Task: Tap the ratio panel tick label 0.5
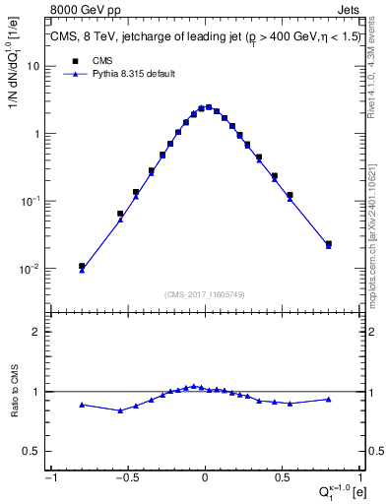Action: point(32,451)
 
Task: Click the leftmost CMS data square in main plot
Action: point(82,266)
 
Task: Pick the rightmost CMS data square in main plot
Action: point(328,243)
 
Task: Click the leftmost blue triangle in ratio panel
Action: point(82,405)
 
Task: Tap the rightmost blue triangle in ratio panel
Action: point(328,399)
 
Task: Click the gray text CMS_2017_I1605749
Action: point(205,294)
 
